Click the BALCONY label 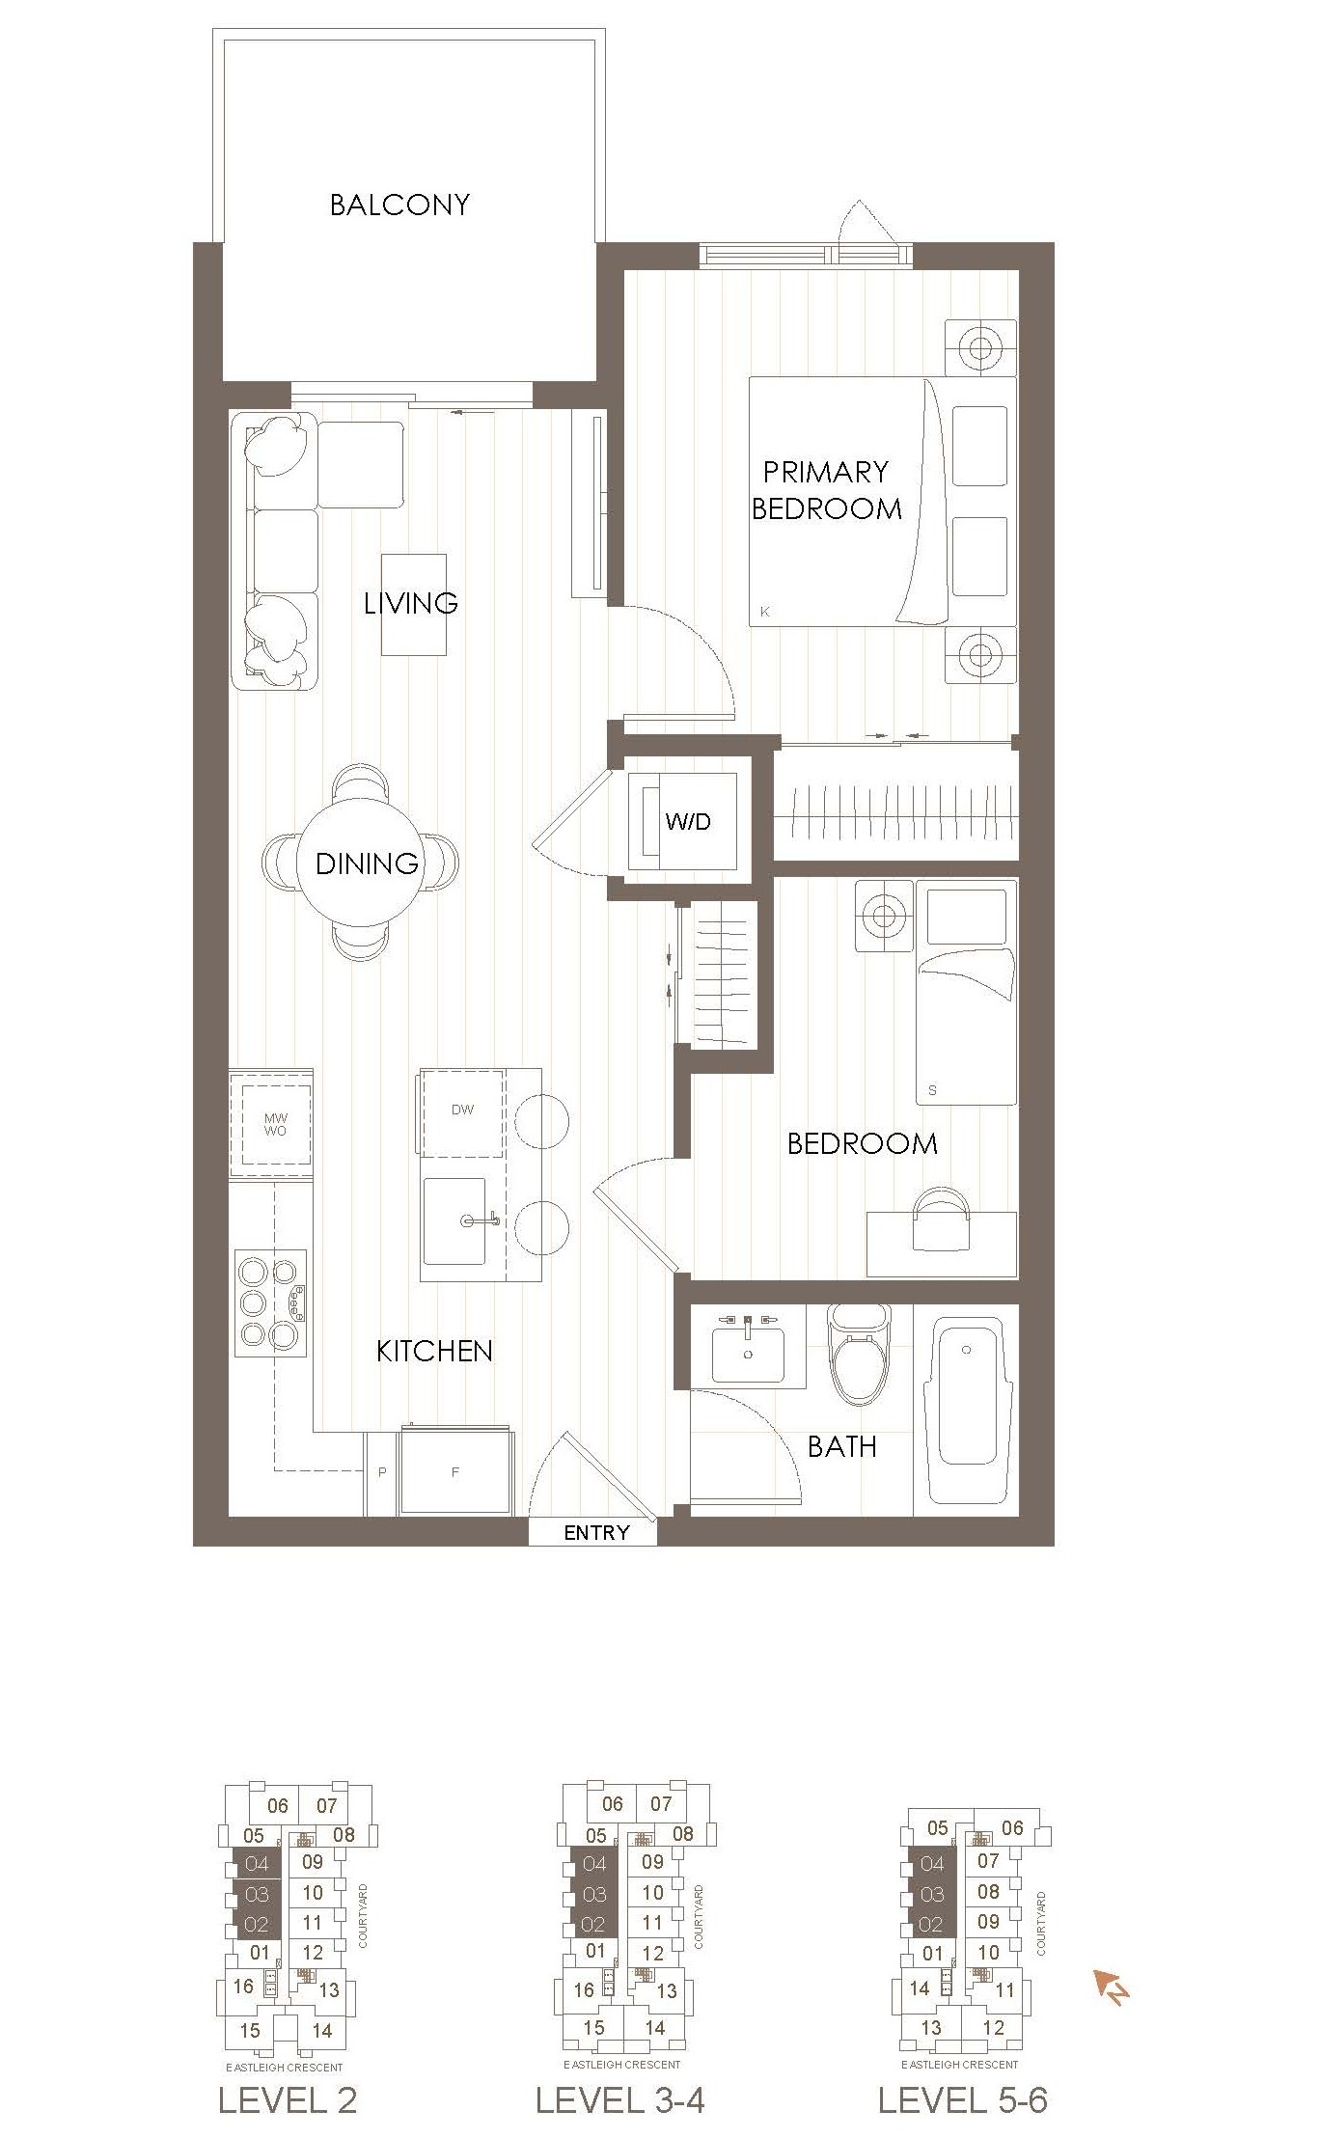399,205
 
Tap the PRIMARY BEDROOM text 826,490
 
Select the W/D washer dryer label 688,822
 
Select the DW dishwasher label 462,1110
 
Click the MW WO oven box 275,1124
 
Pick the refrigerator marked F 455,1472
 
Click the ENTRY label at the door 596,1532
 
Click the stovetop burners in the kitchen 271,1302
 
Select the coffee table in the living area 414,605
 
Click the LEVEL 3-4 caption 619,2100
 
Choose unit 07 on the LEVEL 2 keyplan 327,1805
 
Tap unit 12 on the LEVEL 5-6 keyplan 993,2027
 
